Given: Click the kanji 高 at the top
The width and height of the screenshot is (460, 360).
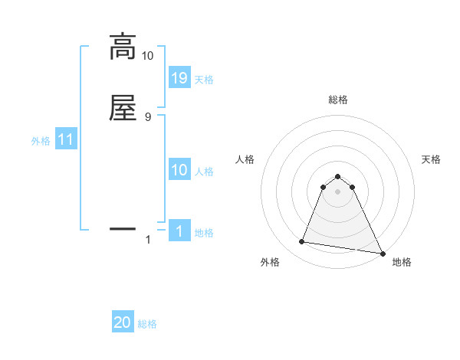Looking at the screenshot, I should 122,47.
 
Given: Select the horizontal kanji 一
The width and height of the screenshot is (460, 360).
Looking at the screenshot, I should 122,227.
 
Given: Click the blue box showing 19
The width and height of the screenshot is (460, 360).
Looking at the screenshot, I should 179,77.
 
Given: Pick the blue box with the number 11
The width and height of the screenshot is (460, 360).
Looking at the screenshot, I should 66,140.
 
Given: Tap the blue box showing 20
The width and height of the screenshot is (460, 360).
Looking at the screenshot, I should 123,322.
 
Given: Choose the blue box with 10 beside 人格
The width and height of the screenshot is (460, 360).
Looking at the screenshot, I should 179,170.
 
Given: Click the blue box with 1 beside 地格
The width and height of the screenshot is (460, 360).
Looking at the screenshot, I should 179,231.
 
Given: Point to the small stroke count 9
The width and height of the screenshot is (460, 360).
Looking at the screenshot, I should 148,116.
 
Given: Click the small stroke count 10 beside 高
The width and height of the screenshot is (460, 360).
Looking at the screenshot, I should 147,56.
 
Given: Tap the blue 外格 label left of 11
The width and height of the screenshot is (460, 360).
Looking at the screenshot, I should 41,141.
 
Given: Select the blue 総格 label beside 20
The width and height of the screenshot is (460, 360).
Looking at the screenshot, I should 147,324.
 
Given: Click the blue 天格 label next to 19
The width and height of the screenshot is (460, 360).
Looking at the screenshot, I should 204,79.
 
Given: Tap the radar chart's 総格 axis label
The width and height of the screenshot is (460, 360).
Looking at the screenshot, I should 337,100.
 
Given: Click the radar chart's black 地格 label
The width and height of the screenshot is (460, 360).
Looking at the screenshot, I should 402,262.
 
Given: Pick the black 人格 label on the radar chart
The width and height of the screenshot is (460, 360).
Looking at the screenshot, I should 245,159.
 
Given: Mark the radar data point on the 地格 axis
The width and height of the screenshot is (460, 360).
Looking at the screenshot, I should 383,253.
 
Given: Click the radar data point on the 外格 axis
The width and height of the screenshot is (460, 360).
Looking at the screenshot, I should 302,242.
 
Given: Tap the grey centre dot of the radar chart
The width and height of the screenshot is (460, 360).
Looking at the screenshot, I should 337,191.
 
